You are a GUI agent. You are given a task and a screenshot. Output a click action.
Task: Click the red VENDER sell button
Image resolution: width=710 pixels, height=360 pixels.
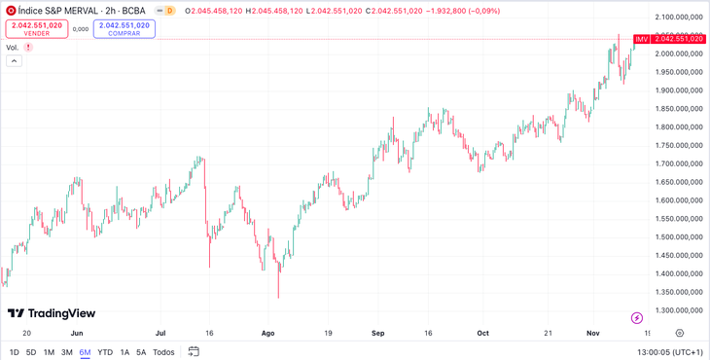[37, 29]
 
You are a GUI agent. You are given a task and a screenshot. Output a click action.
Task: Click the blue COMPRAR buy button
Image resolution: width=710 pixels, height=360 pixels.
[124, 29]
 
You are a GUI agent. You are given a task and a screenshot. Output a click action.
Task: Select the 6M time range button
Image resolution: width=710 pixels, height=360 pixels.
[86, 352]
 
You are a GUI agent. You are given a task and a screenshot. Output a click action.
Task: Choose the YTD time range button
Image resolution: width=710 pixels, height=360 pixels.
[105, 352]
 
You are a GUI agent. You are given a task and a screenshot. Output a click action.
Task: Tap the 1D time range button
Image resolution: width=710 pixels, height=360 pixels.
[15, 352]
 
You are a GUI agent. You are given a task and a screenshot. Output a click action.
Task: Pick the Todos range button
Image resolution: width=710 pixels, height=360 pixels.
[163, 352]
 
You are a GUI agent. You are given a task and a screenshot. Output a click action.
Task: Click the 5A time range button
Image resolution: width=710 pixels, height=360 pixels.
[141, 352]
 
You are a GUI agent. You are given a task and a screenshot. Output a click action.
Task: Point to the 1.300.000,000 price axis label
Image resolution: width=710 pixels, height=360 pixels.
[677, 310]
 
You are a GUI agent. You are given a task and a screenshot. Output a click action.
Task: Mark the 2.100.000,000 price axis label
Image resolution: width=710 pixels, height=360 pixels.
[677, 18]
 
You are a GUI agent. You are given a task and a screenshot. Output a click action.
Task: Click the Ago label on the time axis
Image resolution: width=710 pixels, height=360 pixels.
[267, 333]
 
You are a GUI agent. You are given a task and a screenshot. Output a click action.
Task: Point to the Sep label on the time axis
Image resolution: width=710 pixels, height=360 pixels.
[377, 333]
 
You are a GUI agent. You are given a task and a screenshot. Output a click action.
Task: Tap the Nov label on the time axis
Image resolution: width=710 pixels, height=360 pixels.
[593, 333]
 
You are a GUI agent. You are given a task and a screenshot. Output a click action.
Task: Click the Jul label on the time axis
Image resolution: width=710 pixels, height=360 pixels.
[160, 333]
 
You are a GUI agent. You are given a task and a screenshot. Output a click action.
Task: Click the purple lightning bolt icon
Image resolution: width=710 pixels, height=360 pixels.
[637, 318]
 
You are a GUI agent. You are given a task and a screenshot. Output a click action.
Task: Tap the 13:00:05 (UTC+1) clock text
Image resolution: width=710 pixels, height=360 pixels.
[670, 352]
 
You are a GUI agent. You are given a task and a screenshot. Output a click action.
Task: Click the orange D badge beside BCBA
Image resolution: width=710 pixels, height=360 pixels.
[169, 11]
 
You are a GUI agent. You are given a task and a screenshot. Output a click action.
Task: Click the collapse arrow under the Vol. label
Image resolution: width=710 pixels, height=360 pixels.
[14, 60]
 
